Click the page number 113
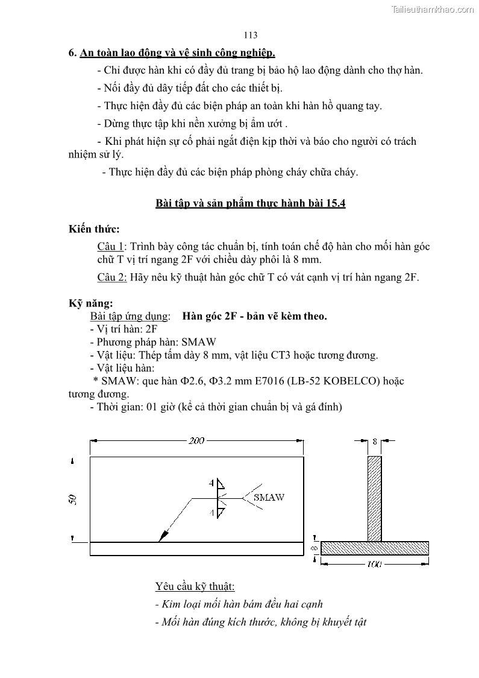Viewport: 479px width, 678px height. pos(251,36)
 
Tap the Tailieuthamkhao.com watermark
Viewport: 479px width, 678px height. pos(433,9)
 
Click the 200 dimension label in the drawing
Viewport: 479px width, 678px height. pos(196,441)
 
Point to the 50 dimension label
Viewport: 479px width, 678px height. pos(73,499)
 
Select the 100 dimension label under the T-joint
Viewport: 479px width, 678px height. pos(375,565)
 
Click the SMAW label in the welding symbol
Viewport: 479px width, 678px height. pos(269,498)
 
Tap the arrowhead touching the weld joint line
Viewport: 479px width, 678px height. pos(161,537)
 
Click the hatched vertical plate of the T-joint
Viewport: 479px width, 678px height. pos(375,498)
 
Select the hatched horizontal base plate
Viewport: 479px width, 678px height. pos(375,548)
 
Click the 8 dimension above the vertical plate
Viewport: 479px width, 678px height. pos(375,441)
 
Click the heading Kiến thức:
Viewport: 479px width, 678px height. pos(94,229)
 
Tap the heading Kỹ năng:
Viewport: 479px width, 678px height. pos(90,303)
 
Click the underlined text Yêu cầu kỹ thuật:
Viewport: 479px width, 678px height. pos(195,586)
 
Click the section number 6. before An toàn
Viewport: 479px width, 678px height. pos(72,52)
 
